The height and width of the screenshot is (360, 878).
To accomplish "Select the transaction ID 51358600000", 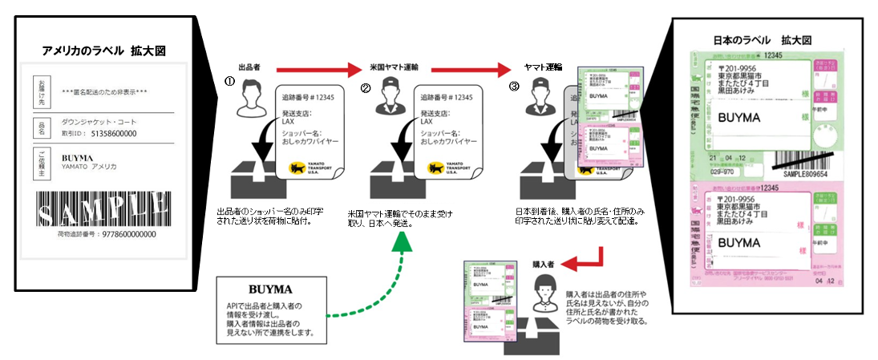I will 113,133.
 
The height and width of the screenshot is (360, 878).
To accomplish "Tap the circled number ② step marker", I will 366,88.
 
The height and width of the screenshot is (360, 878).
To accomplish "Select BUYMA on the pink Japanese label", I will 742,241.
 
